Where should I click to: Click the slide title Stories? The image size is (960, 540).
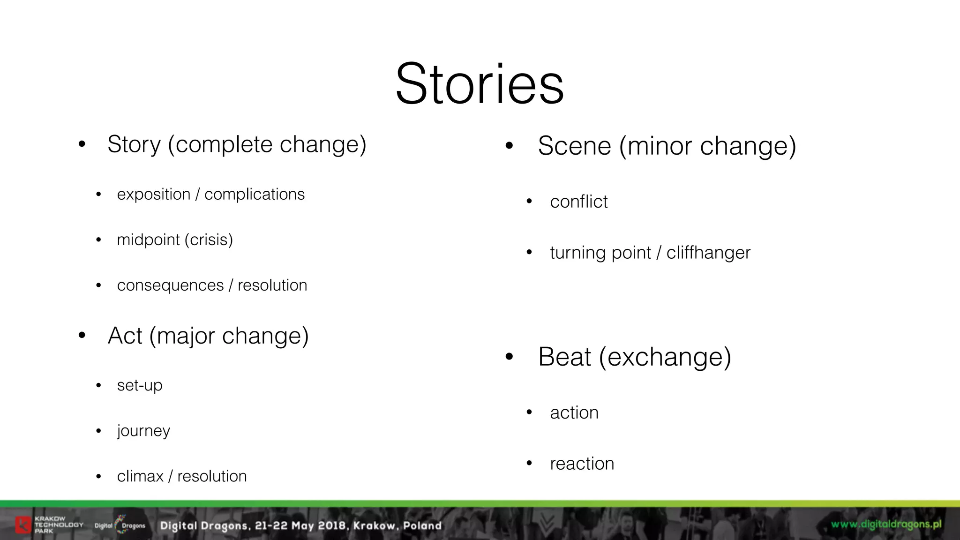pos(480,84)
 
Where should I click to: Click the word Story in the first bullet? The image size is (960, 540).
pos(134,144)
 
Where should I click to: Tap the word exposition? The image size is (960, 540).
pos(154,194)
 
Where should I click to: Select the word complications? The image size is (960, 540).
pos(255,194)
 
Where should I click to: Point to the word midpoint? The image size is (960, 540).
pos(148,240)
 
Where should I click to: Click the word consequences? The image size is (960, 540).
pos(170,285)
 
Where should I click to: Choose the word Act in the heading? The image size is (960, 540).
pos(125,336)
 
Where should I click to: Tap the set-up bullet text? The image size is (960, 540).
pos(140,385)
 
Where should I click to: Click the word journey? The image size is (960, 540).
pos(143,431)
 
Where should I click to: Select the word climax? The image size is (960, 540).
pos(140,476)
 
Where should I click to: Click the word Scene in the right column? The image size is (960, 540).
pos(574,146)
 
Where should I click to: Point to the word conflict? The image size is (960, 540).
pos(579,202)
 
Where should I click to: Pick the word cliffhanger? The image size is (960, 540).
pos(708,253)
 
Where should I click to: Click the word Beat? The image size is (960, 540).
pos(564,357)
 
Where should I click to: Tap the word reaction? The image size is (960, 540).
pos(582,464)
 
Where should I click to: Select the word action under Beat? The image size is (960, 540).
pos(574,412)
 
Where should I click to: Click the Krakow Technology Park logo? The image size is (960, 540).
pos(49,525)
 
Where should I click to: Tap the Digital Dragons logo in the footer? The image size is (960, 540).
pos(120,525)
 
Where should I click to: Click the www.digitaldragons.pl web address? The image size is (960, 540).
pos(886,524)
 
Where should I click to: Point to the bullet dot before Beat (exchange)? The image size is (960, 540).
pos(510,358)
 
